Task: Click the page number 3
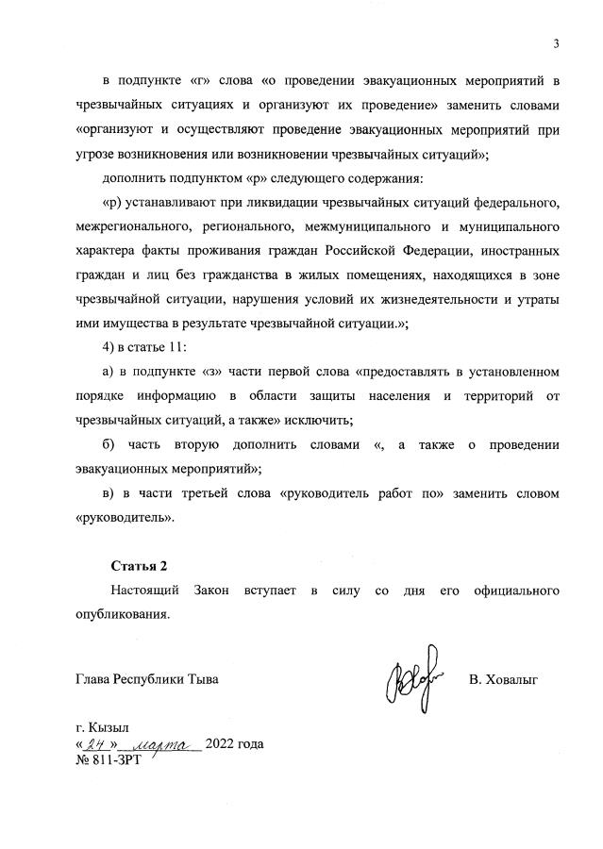pos(557,43)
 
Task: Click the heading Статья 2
pos(139,566)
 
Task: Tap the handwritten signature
pos(412,674)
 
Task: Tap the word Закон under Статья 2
pos(218,591)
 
